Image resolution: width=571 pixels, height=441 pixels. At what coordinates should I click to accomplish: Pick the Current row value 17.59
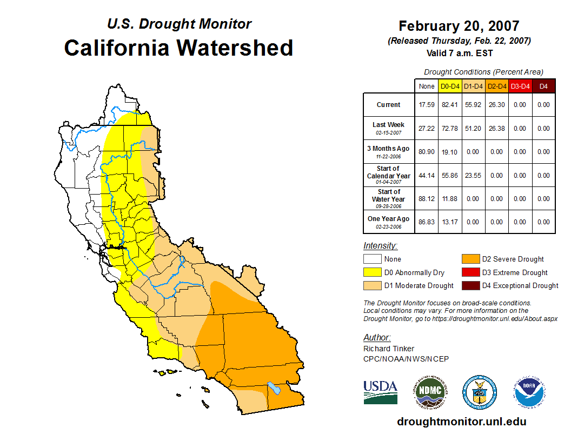coord(427,105)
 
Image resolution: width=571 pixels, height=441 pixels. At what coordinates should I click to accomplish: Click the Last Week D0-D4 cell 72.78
coord(450,129)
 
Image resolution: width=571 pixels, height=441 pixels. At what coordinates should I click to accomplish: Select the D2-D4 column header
coord(496,86)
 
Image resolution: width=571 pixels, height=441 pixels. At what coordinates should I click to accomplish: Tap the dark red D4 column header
coord(543,86)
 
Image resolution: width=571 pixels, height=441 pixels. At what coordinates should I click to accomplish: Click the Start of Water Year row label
coord(389,198)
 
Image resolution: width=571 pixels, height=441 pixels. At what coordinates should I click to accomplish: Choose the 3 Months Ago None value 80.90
coord(427,152)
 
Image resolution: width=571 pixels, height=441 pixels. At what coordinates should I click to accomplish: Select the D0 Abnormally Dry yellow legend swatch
coord(373,272)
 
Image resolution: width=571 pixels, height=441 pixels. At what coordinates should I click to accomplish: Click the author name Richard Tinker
coord(389,349)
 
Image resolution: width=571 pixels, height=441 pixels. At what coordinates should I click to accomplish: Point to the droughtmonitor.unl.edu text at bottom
coord(461,422)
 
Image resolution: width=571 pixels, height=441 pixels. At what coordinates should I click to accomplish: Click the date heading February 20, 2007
coord(459,26)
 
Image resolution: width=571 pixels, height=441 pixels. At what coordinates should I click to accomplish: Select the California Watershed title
coord(178,48)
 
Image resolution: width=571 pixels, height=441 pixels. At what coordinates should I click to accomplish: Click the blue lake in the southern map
coord(274,388)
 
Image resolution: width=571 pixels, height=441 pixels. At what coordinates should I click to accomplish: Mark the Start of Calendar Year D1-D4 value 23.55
coord(473,176)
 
